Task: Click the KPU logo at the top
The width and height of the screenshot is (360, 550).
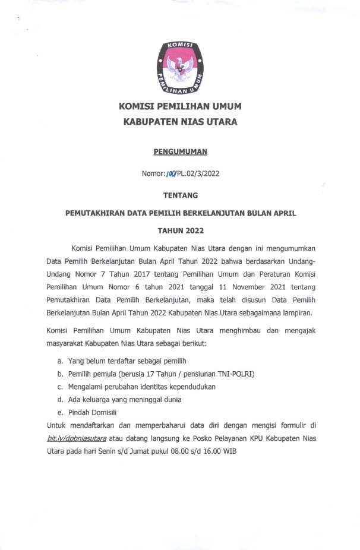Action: click(x=180, y=69)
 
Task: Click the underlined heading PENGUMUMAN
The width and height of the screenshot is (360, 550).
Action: click(x=180, y=151)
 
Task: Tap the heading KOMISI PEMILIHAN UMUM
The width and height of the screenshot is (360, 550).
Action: click(x=180, y=107)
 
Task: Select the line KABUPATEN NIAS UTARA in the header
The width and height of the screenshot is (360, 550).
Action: click(x=180, y=122)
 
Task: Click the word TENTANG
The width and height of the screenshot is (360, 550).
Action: click(x=180, y=195)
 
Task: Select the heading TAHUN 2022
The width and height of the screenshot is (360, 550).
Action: click(x=180, y=229)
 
